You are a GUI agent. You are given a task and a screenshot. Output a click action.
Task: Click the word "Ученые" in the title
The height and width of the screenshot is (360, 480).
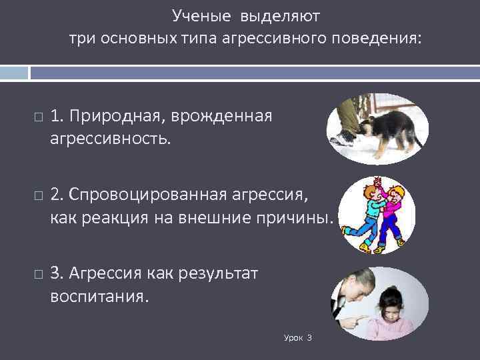[197, 14]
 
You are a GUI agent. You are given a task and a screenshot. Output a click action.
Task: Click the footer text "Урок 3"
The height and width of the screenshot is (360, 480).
[297, 339]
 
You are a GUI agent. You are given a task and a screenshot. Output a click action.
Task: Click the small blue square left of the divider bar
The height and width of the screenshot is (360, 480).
[14, 72]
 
